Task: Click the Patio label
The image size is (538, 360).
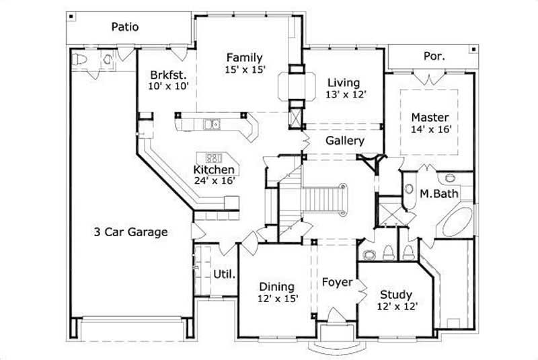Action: click(124, 27)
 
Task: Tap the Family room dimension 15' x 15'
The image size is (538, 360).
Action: click(244, 69)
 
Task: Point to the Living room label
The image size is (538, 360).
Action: click(345, 83)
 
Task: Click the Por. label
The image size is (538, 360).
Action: click(434, 57)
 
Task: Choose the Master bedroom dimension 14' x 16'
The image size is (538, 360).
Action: click(430, 129)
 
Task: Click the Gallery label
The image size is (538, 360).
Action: click(344, 141)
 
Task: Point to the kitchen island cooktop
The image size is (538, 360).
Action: click(214, 157)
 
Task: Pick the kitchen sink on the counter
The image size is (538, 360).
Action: click(212, 124)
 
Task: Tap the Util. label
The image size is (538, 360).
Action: click(224, 274)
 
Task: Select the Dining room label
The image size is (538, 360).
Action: click(276, 287)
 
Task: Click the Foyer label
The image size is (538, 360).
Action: click(336, 282)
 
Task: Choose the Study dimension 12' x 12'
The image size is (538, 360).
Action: click(397, 306)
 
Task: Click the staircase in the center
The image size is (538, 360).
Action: click(325, 199)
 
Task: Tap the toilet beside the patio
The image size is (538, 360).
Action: click(80, 59)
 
